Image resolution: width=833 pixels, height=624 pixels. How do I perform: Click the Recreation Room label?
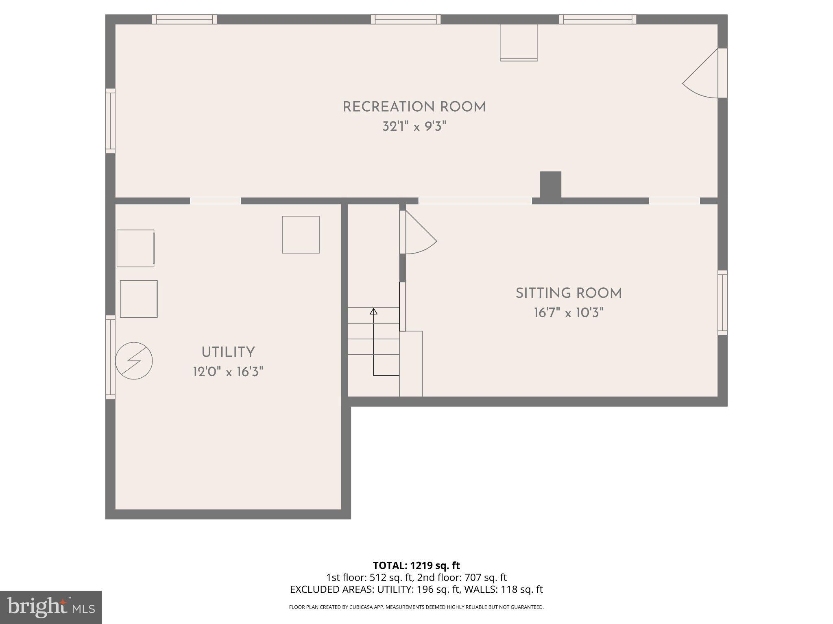[414, 107]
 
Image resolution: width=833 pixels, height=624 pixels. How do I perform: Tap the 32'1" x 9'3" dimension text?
[414, 127]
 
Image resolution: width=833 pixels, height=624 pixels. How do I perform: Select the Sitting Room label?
[569, 293]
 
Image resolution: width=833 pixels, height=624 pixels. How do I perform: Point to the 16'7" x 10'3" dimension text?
[569, 313]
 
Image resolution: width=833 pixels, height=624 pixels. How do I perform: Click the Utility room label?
[228, 352]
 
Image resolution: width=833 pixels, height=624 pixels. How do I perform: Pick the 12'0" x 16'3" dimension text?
[228, 372]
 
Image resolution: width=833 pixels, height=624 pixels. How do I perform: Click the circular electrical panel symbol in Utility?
[134, 361]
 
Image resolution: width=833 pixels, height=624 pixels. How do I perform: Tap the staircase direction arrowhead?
[373, 312]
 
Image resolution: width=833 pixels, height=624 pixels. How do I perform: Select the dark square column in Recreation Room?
[551, 184]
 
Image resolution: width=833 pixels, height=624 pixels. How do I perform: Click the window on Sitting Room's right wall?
[722, 303]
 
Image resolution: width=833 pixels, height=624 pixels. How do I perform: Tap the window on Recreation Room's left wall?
[110, 121]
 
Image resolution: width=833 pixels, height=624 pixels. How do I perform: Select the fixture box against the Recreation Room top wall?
[519, 43]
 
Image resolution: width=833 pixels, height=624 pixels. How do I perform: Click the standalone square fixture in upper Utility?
[301, 234]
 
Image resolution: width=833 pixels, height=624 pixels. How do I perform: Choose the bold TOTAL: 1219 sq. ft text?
[416, 565]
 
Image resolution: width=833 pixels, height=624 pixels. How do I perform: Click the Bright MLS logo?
[50, 607]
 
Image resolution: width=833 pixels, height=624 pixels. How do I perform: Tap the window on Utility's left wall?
[110, 357]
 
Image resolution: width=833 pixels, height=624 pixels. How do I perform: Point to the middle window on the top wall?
[406, 19]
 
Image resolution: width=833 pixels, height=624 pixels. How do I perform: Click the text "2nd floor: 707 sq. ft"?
[462, 577]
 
